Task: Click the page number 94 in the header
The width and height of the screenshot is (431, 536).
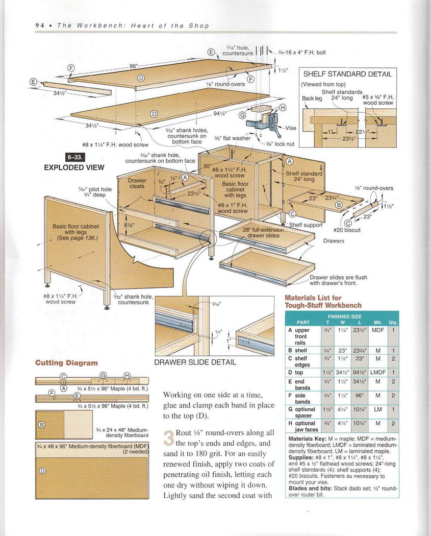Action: pos(39,26)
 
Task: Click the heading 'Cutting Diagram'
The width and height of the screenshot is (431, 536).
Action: pos(66,363)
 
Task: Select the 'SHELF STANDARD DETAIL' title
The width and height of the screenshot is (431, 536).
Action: pos(347,74)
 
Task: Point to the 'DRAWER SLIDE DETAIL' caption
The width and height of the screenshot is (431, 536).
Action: pos(195,362)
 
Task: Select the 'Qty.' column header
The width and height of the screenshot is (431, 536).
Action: pos(393,323)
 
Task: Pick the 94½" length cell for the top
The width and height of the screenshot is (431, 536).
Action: pos(360,373)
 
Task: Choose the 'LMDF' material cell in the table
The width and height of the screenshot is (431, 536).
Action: pos(378,373)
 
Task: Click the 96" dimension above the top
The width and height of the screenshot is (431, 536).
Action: pos(134,66)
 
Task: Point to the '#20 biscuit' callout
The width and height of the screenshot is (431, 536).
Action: pos(347,230)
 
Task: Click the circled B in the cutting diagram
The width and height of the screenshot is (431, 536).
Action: pos(42,424)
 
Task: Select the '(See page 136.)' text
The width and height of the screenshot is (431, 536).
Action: pos(77,238)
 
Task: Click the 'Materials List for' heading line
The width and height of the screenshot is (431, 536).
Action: pos(313,298)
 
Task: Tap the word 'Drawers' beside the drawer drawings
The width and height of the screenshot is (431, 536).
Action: pos(334,241)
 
